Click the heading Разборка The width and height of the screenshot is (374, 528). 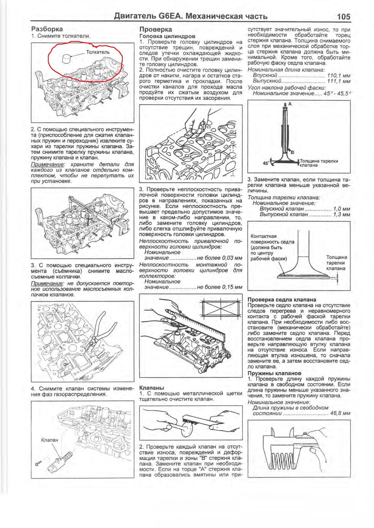pos(47,29)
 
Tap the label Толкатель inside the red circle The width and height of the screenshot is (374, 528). pos(97,52)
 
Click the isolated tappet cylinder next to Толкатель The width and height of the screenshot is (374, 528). pos(67,58)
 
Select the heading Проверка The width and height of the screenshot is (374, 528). pos(156,29)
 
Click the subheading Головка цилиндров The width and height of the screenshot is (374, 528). pos(167,36)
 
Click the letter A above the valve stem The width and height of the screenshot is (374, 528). pos(290,104)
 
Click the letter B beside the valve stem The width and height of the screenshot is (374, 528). pos(292,152)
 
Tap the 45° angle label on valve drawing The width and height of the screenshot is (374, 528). pos(266,163)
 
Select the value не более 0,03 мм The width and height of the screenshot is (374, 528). pos(219,258)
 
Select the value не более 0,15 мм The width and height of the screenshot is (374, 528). pos(219,287)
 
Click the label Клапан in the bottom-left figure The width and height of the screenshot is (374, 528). pos(49,440)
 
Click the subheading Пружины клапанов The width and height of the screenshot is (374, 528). pos(274,373)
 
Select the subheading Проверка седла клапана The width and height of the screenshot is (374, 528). pos(281,299)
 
